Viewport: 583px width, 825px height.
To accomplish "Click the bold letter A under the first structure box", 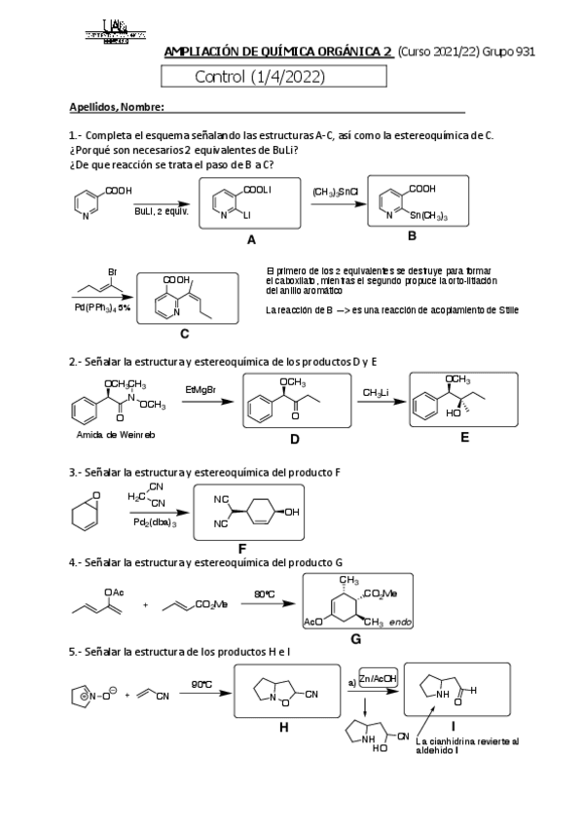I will pos(251,239).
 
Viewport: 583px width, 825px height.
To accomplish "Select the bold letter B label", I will pos(412,236).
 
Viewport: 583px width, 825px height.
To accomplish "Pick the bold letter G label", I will pos(356,638).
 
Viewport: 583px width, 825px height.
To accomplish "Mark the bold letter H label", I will pos(284,728).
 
